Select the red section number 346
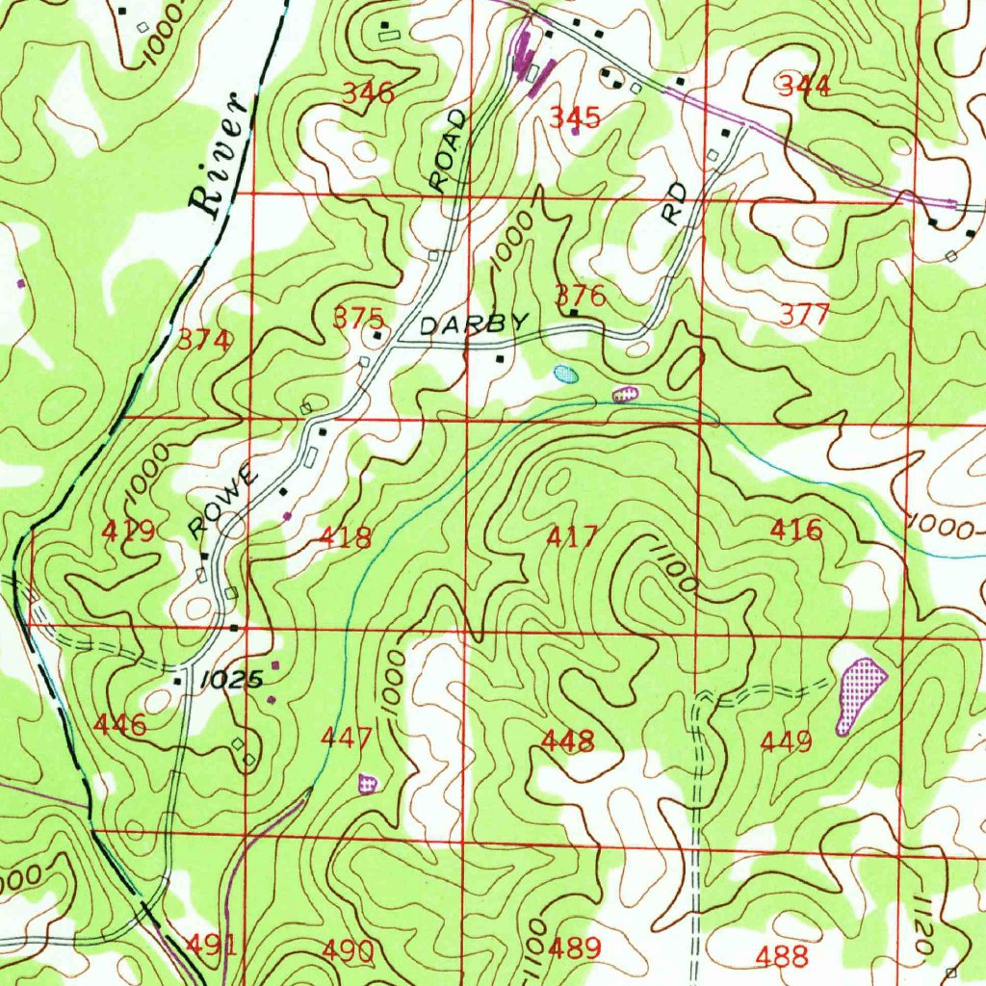tap(369, 93)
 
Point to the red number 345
tap(575, 117)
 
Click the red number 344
tap(804, 86)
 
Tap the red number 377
tap(804, 315)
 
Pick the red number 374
tap(205, 340)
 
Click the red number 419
tap(129, 531)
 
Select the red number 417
tap(572, 536)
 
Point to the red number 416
tap(796, 529)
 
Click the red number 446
tap(121, 724)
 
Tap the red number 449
tap(787, 741)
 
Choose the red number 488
tap(781, 955)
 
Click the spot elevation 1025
tap(231, 679)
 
